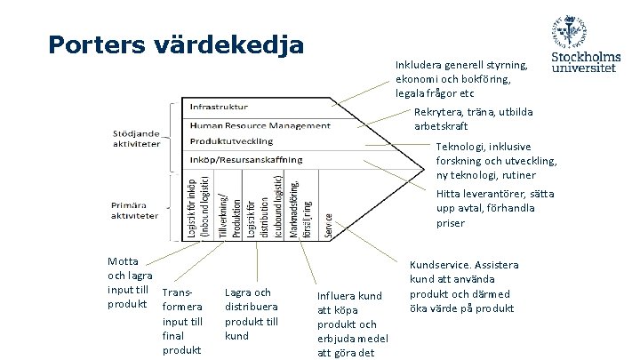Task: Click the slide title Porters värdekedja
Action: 177,44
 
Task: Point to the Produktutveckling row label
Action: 231,141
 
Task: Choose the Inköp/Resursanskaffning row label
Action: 245,159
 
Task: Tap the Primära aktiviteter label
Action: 136,210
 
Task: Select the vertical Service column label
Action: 329,226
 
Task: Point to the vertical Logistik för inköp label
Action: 196,205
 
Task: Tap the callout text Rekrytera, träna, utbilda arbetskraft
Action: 472,118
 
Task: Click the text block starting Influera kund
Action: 349,324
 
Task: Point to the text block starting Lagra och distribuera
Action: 252,314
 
